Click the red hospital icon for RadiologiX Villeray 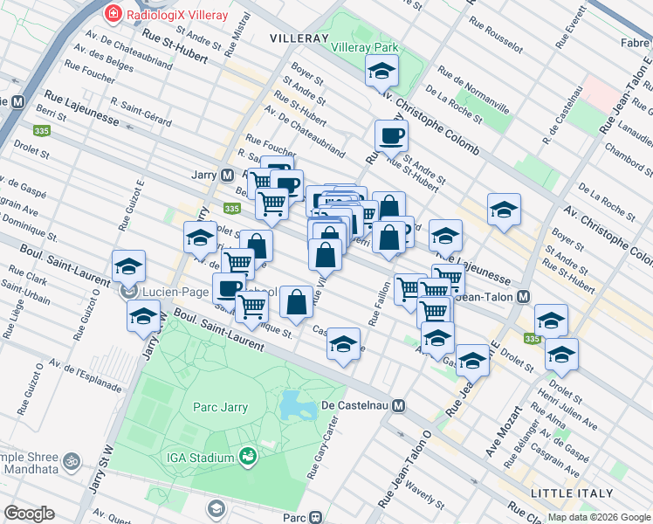tap(113, 13)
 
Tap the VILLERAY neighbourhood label tap(300, 38)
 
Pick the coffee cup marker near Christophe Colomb tap(391, 135)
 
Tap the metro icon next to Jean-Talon tap(523, 297)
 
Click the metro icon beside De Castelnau tap(398, 405)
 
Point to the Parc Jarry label tap(220, 407)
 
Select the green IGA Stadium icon tap(247, 457)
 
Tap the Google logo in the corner tap(29, 514)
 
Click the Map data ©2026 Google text tap(598, 517)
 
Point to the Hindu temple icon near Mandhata tap(72, 458)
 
